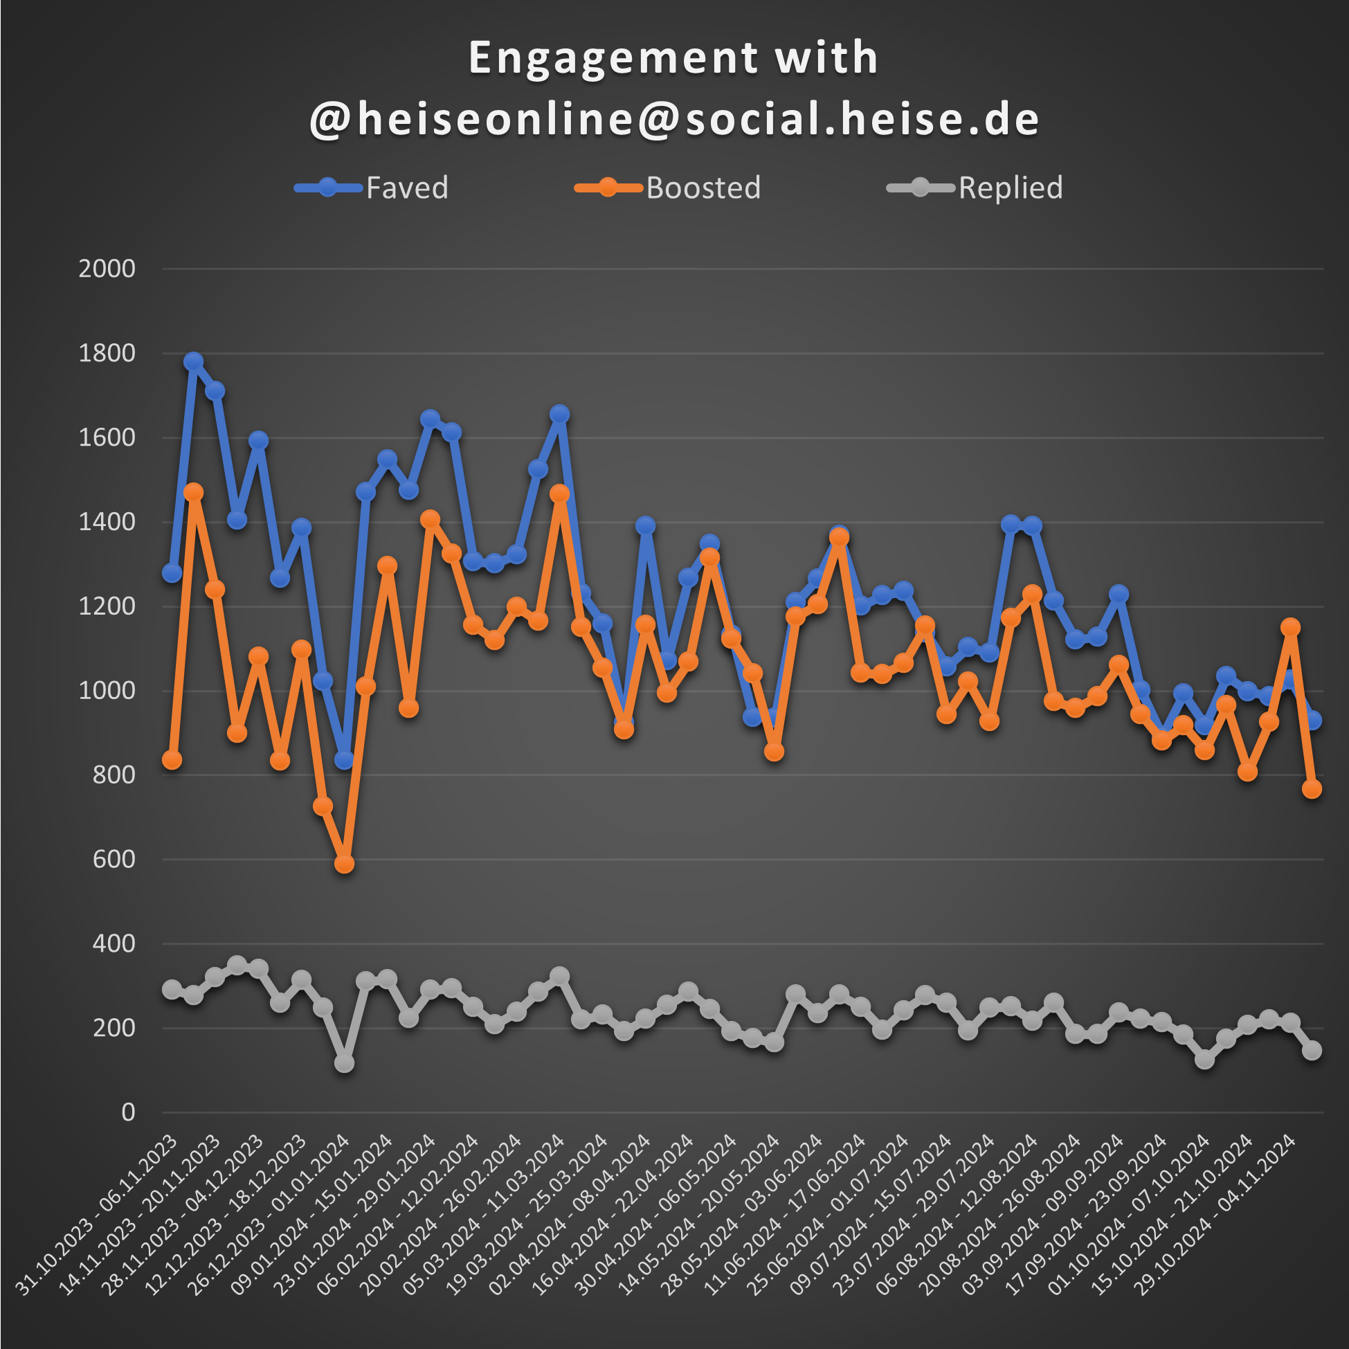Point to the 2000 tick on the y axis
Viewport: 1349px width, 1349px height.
(107, 269)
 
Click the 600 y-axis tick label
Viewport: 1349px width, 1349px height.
(114, 859)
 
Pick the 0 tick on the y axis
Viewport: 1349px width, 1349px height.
(128, 1112)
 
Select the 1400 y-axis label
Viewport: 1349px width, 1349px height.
(107, 523)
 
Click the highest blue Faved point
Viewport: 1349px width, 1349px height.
(193, 362)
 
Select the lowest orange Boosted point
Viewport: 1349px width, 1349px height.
(344, 864)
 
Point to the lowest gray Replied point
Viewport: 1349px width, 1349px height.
(344, 1062)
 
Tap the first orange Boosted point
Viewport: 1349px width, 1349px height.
(172, 760)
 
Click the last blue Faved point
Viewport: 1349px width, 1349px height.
(1312, 720)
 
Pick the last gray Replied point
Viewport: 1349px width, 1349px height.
(1312, 1050)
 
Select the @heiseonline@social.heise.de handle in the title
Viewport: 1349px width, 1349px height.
(674, 118)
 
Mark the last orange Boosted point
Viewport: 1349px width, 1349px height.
(1312, 788)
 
